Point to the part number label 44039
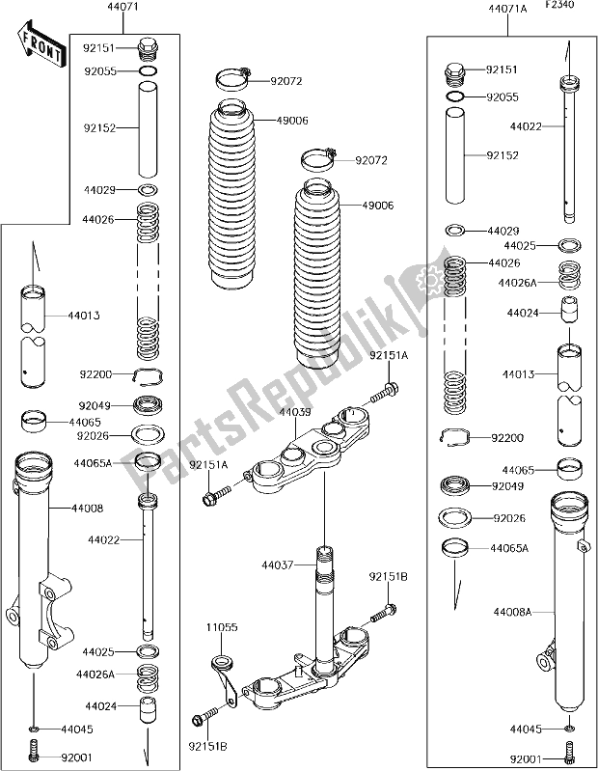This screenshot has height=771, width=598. click(x=294, y=412)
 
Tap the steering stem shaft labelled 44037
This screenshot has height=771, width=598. click(x=325, y=608)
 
